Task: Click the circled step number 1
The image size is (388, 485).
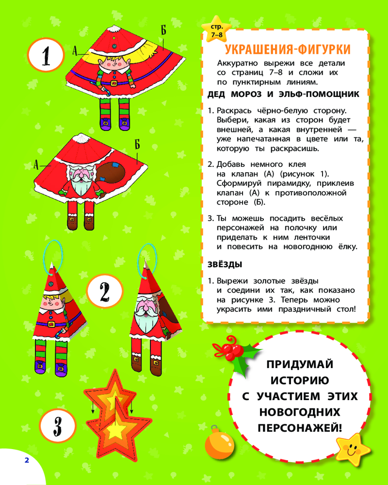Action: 46,56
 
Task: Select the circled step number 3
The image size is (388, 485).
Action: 58,426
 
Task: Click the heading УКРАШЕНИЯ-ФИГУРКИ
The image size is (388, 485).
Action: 288,49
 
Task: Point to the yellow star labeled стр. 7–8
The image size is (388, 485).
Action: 217,30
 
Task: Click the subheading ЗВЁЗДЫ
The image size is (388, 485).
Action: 225,264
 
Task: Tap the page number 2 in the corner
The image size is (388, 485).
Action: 27,460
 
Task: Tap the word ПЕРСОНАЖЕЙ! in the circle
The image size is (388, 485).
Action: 300,428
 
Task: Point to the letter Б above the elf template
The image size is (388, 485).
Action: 163,30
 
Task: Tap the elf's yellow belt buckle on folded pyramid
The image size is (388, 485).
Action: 51,324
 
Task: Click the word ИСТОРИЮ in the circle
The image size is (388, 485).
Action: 300,380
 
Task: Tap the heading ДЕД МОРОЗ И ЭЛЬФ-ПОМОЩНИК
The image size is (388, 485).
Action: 283,95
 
